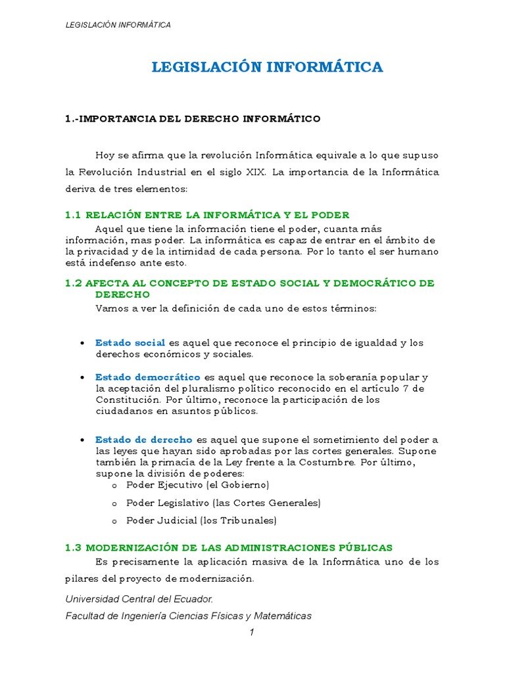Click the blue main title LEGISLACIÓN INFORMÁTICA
point(267,66)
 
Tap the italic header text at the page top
point(118,25)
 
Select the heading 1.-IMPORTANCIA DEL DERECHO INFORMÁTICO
point(193,119)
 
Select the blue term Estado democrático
point(148,377)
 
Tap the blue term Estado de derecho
point(144,440)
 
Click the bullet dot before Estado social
point(81,344)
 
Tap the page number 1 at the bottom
point(251,632)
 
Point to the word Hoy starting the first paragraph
point(105,155)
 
